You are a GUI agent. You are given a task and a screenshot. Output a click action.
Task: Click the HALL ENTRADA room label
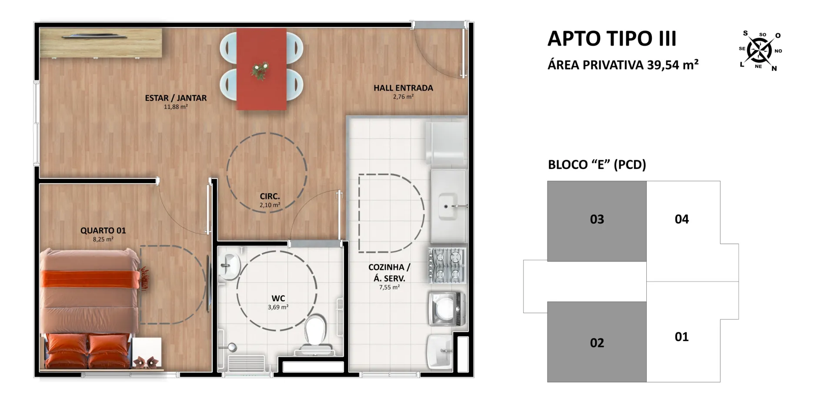coord(403,88)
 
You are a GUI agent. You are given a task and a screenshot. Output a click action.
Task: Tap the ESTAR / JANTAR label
coord(176,98)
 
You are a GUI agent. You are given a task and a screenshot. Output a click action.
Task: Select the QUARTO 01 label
coord(103,231)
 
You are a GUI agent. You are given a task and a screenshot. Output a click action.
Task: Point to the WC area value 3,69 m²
coord(278,307)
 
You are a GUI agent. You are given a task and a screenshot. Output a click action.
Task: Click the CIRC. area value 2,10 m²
coord(270,205)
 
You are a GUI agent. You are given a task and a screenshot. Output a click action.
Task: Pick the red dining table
coord(261,69)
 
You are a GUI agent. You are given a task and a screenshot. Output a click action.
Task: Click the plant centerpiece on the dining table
coord(260,71)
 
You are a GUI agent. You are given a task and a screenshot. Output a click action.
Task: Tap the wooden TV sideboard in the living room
coord(101,43)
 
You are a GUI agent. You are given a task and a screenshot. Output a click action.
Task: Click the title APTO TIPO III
coord(612,39)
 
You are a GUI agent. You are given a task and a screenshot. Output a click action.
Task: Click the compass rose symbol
coord(759,50)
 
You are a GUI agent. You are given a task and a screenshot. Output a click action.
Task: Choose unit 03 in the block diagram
coord(597,221)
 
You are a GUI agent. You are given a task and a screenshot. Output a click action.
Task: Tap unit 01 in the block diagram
coord(681,337)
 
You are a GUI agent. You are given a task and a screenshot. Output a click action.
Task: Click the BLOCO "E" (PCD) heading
coord(597,164)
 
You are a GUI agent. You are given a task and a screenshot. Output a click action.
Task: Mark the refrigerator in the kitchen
coord(447,144)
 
